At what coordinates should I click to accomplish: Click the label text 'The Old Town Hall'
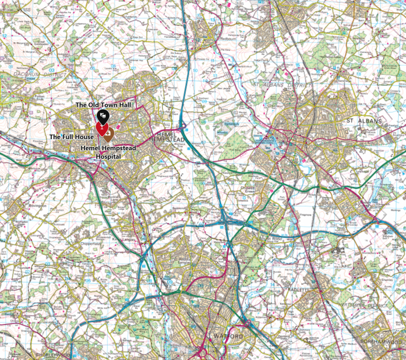click(x=98, y=105)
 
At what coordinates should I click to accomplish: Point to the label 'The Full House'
click(x=71, y=136)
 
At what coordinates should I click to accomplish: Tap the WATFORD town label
click(x=229, y=337)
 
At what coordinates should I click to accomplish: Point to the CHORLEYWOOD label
click(x=53, y=354)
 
